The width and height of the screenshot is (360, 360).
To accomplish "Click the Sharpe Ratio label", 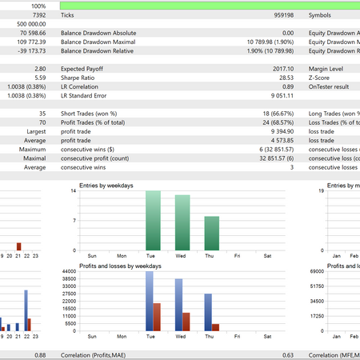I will click(80, 78).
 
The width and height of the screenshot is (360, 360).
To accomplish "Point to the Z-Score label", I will click(322, 78).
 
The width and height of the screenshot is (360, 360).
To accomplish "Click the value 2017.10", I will click(282, 70).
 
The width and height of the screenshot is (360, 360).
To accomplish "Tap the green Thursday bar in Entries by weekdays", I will click(212, 234).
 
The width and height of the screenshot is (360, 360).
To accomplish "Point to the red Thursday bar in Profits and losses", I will click(215, 326).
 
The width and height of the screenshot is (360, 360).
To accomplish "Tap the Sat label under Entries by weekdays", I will click(266, 257).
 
